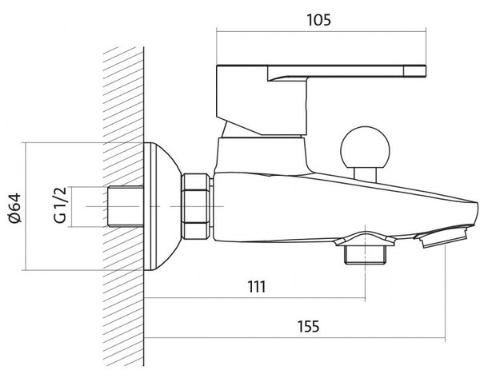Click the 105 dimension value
pos(318,20)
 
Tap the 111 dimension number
pos(257,287)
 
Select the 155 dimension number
pos(308,326)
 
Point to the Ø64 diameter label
pos(14,208)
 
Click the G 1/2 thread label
pos(60,205)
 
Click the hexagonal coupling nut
pos(196,206)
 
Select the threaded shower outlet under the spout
pos(365,254)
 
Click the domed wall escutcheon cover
pos(162,206)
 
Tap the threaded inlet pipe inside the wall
pos(126,206)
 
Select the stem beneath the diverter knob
pos(365,174)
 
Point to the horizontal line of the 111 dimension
pos(254,297)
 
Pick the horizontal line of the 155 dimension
pos(294,337)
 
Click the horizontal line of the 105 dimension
pos(321,31)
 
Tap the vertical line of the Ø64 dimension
pos(26,206)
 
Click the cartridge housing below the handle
pos(260,155)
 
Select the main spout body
pos(337,208)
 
